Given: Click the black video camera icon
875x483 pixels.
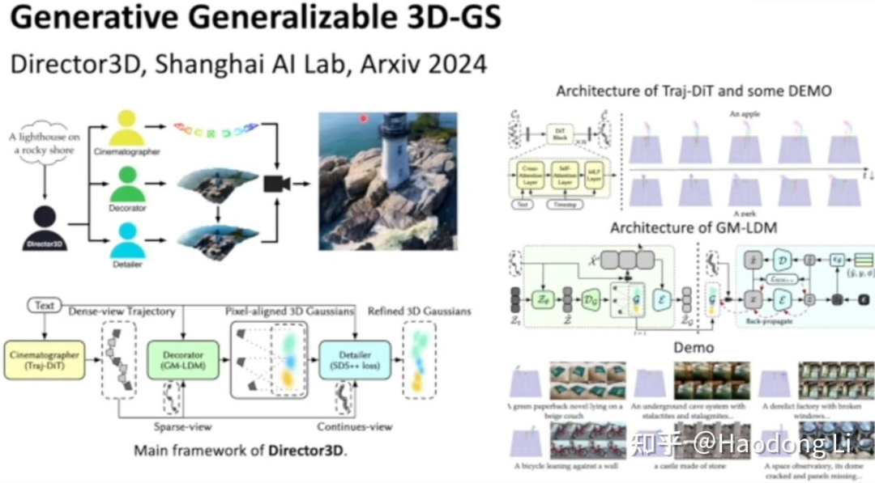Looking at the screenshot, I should click(x=277, y=184).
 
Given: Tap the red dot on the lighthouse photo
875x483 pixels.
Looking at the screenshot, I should click(x=363, y=118).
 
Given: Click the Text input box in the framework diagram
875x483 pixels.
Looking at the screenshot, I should click(x=45, y=306).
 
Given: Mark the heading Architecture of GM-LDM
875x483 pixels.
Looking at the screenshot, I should click(x=693, y=227).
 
